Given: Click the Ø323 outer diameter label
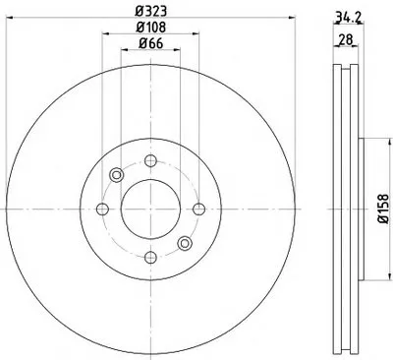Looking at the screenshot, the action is click(151, 11).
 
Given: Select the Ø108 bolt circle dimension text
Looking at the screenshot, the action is click(151, 28).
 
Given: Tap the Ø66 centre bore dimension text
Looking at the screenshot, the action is click(150, 43).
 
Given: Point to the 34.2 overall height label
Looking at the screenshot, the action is click(349, 18).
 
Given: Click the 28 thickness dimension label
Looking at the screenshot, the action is click(346, 40).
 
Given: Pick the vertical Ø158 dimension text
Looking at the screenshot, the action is click(383, 209).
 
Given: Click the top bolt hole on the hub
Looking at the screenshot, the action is click(150, 160).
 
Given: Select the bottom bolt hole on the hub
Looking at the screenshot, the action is click(150, 258).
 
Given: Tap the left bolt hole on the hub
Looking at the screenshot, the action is click(102, 209).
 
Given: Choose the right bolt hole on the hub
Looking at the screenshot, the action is click(198, 209).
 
